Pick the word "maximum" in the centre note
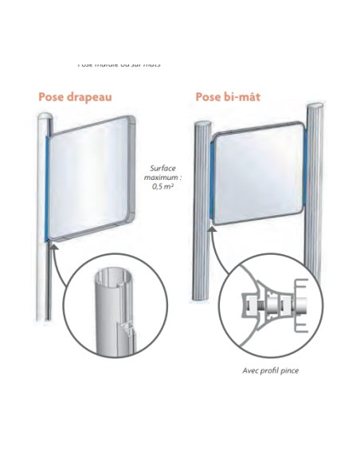point(161,177)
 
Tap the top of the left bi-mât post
point(202,125)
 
